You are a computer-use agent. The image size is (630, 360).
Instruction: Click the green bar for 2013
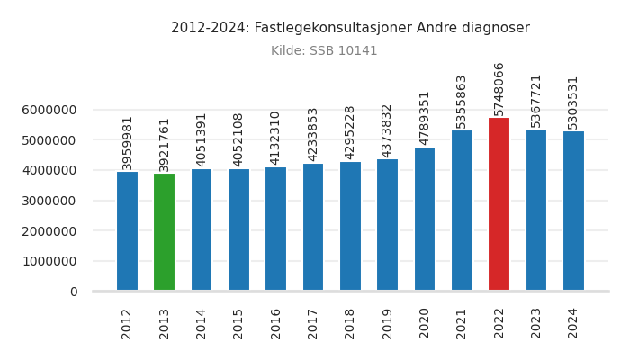(164, 232)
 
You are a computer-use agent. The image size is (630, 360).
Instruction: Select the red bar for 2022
(499, 204)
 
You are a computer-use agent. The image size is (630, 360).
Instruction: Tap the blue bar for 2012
(127, 231)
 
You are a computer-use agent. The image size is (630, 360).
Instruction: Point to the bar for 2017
(313, 227)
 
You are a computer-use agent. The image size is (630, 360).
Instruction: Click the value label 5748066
(499, 88)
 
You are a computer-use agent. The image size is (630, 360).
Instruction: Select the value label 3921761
(164, 144)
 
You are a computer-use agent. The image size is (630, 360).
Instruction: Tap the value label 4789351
(425, 118)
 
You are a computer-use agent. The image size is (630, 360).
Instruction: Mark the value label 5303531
(573, 102)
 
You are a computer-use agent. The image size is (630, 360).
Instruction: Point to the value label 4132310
(275, 138)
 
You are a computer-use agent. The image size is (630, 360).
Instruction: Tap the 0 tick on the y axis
(73, 292)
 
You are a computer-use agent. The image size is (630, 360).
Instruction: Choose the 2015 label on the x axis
(238, 323)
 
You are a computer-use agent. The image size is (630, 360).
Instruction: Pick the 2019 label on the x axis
(387, 323)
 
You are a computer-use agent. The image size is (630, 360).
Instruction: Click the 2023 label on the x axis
(536, 323)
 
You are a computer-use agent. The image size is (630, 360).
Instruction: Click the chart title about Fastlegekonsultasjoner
(350, 28)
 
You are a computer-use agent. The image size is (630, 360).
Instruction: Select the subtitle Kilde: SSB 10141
(324, 51)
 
